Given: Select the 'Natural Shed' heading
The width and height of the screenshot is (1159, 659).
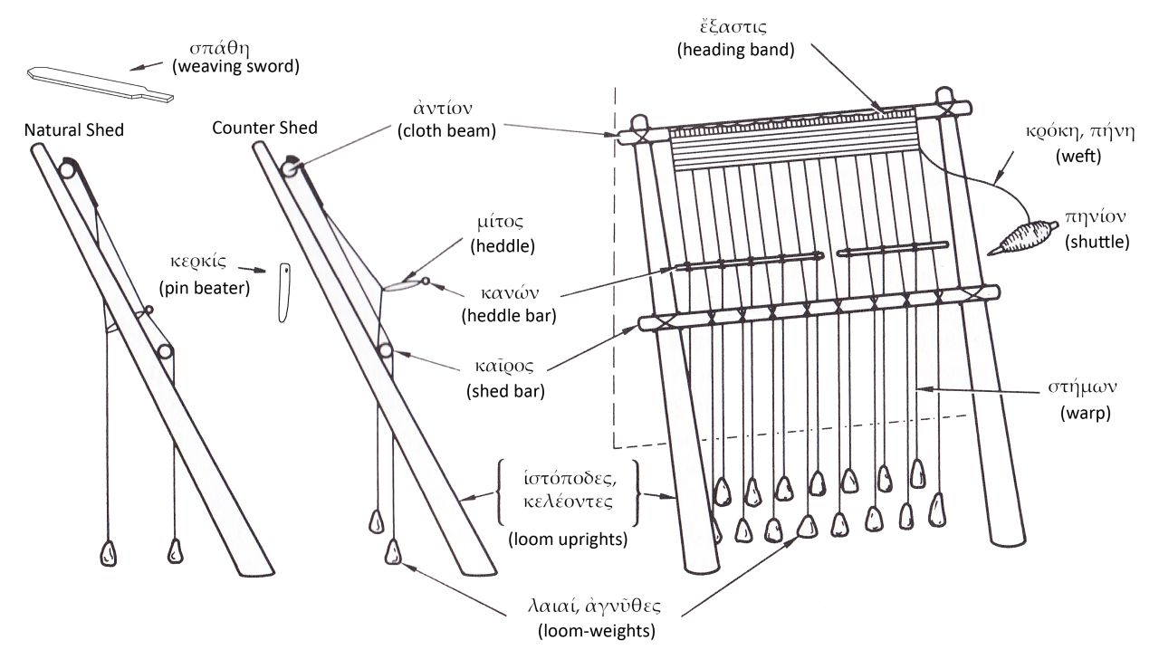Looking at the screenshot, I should (x=74, y=130).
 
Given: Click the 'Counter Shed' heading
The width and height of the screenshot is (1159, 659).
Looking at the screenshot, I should (x=264, y=128).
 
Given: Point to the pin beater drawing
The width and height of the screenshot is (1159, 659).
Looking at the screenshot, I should (x=283, y=292).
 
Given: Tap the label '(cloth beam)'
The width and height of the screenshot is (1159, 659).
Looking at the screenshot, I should (x=446, y=130).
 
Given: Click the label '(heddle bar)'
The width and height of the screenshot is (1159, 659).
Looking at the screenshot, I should (x=508, y=316).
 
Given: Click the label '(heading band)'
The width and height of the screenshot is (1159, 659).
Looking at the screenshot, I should (x=735, y=52).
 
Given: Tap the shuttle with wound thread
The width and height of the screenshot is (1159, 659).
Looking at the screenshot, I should (x=1020, y=236).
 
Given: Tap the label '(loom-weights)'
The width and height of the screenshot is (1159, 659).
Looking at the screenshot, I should (x=591, y=630).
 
